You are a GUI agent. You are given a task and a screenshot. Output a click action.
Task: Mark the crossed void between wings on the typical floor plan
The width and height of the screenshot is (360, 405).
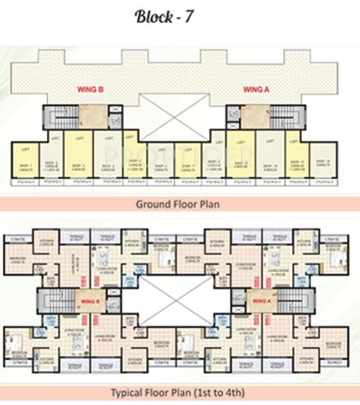pyautogui.click(x=180, y=305)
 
